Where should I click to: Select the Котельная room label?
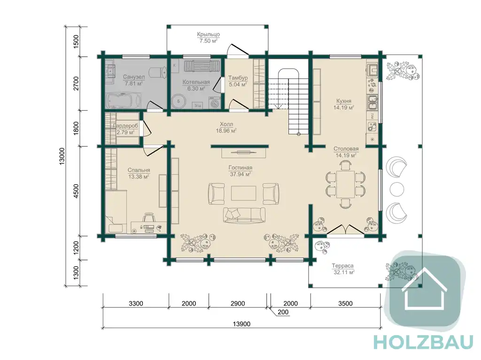196,82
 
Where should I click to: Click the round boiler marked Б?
178,101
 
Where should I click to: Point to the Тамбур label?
238,78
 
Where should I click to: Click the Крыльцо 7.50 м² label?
208,38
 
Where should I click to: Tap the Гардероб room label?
125,126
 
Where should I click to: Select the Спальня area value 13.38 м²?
139,176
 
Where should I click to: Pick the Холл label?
226,124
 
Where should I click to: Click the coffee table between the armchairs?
244,193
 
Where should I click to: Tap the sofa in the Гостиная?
244,215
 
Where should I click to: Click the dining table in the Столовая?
346,184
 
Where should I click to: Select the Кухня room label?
343,101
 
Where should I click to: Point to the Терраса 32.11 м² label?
343,269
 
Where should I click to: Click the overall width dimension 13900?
241,324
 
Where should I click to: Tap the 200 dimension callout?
283,312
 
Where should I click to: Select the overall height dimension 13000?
62,156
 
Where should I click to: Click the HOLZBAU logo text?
423,343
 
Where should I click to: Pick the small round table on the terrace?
397,189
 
